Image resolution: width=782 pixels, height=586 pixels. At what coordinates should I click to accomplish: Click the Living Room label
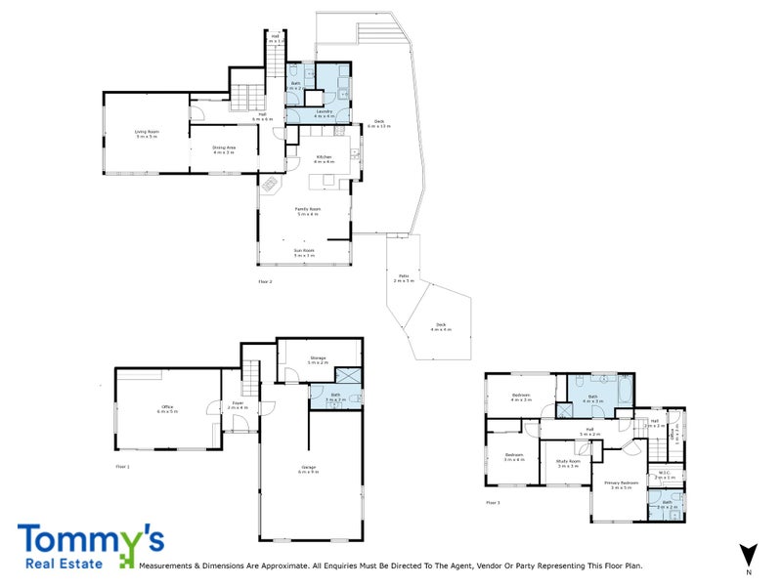(147, 134)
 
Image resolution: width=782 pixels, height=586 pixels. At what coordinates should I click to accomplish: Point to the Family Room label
(308, 210)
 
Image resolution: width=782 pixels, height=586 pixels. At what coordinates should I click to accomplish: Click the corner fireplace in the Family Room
(268, 183)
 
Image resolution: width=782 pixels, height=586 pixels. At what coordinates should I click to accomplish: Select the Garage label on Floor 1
(309, 470)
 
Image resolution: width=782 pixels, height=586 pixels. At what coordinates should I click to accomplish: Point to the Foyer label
(238, 404)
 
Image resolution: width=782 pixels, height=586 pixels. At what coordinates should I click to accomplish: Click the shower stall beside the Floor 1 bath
(348, 376)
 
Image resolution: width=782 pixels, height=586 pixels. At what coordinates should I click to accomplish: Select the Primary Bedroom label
(622, 484)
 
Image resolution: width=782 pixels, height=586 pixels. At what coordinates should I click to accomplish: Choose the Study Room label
(568, 464)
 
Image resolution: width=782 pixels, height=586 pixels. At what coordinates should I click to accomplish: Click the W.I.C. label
(664, 476)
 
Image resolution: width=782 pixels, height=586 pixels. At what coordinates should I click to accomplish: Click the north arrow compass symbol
(749, 554)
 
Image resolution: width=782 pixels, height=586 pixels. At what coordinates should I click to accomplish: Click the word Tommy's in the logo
(90, 540)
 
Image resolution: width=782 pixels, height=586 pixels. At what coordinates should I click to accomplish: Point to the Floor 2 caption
(265, 281)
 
